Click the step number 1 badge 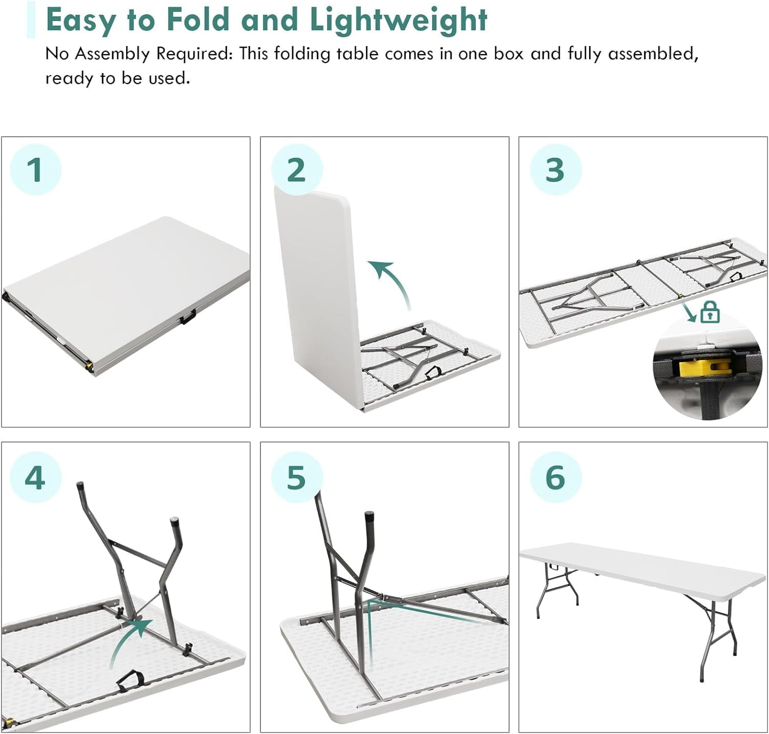(35, 170)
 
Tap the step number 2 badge (296, 170)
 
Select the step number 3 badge (555, 170)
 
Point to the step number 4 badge (35, 477)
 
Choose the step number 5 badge (296, 477)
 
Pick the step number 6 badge (555, 477)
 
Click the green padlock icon (710, 312)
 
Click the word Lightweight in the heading (398, 20)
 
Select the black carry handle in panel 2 (435, 372)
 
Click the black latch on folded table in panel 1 (188, 318)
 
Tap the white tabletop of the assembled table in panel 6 (641, 566)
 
